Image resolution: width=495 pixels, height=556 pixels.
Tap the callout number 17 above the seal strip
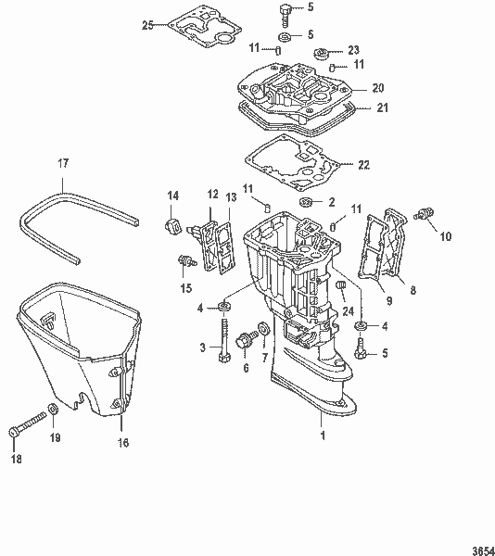click(x=63, y=163)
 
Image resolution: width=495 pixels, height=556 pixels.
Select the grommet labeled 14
click(x=171, y=227)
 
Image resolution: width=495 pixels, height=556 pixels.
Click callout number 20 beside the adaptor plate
click(x=378, y=88)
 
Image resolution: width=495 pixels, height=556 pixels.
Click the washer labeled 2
click(x=305, y=202)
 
